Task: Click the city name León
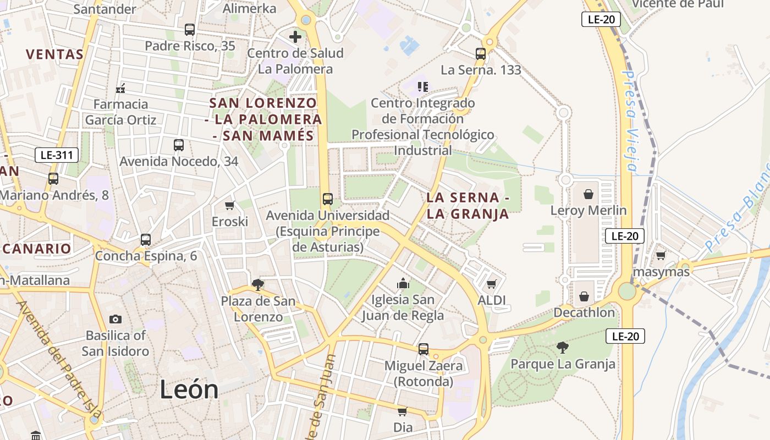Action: tap(189, 390)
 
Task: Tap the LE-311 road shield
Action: tap(57, 155)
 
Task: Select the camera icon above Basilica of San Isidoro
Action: tap(116, 319)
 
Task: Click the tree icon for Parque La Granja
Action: tap(562, 347)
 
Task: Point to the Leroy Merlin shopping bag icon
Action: tap(588, 194)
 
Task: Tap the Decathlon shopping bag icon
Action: tap(584, 296)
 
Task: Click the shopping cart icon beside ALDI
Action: tap(491, 284)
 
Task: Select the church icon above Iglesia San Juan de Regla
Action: tap(403, 283)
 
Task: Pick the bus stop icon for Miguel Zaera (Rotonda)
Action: tap(423, 349)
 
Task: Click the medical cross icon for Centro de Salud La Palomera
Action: tap(295, 37)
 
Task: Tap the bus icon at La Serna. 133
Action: tap(481, 54)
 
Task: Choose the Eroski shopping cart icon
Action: tap(230, 205)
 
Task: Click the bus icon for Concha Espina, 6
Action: tap(146, 240)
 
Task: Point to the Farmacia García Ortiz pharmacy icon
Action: tap(120, 88)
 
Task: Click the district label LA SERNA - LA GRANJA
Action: tap(468, 206)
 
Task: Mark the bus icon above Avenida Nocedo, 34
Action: tap(179, 145)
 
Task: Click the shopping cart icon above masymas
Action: tap(661, 255)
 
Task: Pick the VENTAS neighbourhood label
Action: tap(54, 54)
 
